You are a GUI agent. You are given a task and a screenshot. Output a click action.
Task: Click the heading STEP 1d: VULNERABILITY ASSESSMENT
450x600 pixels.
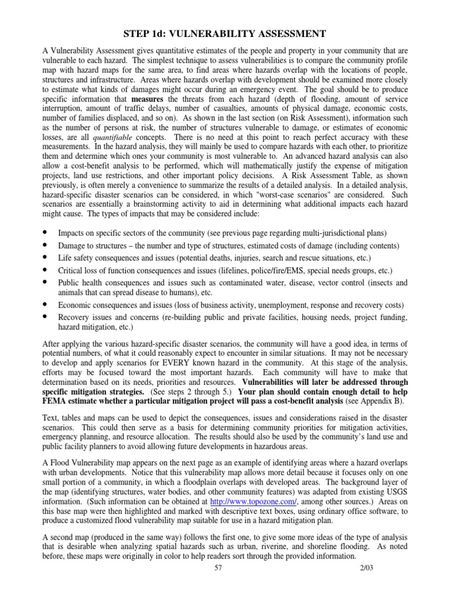[224, 35]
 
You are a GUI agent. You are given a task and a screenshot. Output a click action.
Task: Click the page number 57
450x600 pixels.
[220, 586]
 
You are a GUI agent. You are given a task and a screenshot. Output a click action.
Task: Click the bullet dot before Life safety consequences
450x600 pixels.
[45, 258]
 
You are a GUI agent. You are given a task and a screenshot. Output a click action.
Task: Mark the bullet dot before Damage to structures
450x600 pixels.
[45, 245]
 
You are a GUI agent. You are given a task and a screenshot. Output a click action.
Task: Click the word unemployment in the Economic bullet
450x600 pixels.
[282, 305]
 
